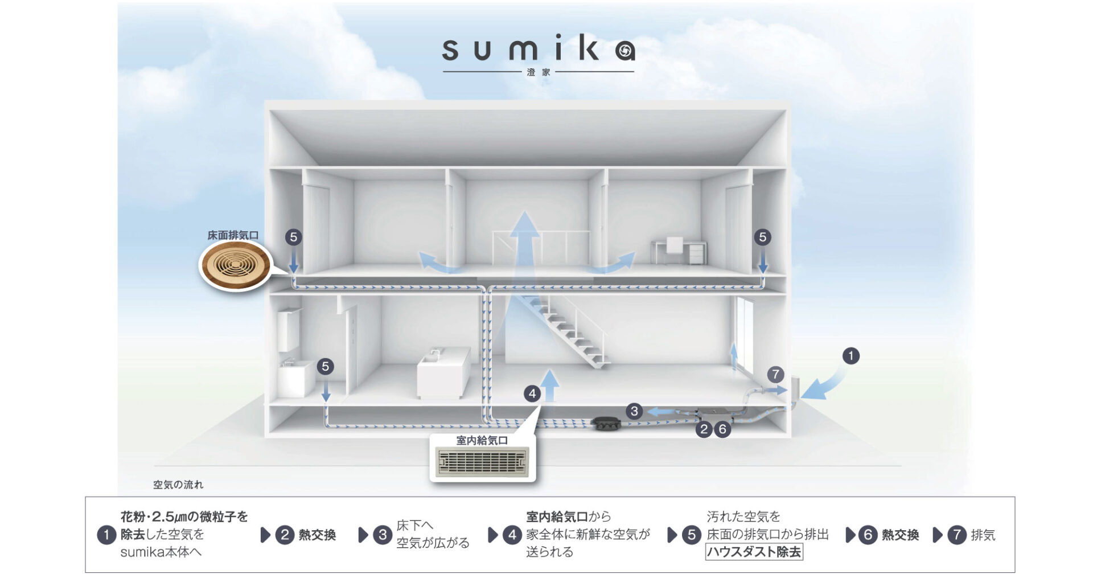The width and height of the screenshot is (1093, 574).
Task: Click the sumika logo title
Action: click(538, 50)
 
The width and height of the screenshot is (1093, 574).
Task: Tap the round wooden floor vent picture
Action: click(235, 265)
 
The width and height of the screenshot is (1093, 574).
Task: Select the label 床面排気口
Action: click(233, 235)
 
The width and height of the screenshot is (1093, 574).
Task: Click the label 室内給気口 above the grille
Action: click(482, 440)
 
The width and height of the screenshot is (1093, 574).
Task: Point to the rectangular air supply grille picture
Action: click(483, 462)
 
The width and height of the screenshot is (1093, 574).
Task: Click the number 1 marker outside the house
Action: click(850, 356)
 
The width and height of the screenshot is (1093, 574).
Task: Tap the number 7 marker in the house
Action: click(775, 375)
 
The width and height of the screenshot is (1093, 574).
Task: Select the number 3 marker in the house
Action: click(634, 411)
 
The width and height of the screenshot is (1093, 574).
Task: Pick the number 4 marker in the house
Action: click(532, 393)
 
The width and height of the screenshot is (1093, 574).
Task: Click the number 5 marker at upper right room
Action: click(762, 237)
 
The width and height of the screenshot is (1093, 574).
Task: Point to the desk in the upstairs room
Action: click(679, 251)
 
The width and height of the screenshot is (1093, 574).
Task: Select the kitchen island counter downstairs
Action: click(443, 373)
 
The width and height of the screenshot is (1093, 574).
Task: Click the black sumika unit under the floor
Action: click(607, 423)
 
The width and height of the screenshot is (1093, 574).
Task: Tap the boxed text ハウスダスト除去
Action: click(754, 552)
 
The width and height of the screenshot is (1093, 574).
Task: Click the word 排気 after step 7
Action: click(983, 535)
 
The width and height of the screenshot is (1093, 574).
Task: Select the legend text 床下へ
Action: click(414, 526)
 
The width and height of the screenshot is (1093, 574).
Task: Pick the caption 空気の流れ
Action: click(178, 485)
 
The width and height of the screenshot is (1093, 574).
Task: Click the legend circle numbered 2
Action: click(285, 535)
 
